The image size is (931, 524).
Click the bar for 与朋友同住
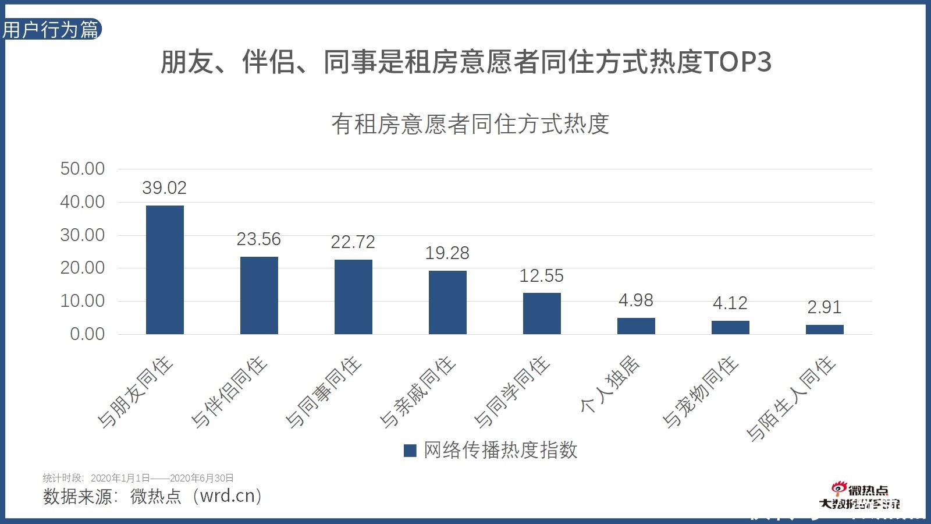(x=165, y=270)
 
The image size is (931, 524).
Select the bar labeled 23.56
(x=259, y=295)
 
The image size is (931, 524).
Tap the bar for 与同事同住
(x=353, y=297)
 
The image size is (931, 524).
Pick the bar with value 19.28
(x=447, y=302)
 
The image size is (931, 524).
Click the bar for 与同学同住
(x=542, y=313)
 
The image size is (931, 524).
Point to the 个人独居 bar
(x=636, y=326)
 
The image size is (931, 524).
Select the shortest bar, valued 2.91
(x=825, y=330)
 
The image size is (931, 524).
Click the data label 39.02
(x=165, y=188)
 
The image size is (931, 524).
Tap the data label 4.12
(x=730, y=303)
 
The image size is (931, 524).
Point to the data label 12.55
(x=542, y=276)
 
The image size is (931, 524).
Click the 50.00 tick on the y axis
(x=83, y=169)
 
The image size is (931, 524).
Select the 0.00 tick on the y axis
(x=87, y=334)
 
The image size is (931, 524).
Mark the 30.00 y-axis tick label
(x=83, y=235)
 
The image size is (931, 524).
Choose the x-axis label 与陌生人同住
(x=791, y=399)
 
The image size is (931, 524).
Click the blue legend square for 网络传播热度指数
(x=410, y=451)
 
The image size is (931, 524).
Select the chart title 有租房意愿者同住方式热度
(x=470, y=124)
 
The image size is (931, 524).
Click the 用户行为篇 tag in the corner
(x=51, y=30)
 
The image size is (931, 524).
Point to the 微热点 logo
(x=860, y=497)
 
